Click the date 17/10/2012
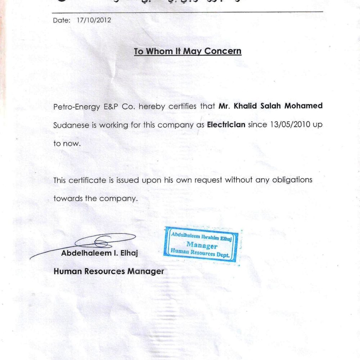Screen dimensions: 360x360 [x=94, y=21]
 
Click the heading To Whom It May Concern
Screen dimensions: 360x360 [x=188, y=51]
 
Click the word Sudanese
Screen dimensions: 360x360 [x=70, y=125]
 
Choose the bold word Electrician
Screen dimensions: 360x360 [x=226, y=125]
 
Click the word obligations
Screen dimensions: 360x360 [x=292, y=180]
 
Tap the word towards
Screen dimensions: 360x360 [x=67, y=198]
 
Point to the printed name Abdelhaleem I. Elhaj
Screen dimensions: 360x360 [x=99, y=253]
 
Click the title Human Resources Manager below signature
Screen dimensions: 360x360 [x=108, y=271]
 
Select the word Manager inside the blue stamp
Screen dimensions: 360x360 [x=202, y=246]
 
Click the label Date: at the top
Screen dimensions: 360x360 [x=62, y=21]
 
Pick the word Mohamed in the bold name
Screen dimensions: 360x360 [x=305, y=106]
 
